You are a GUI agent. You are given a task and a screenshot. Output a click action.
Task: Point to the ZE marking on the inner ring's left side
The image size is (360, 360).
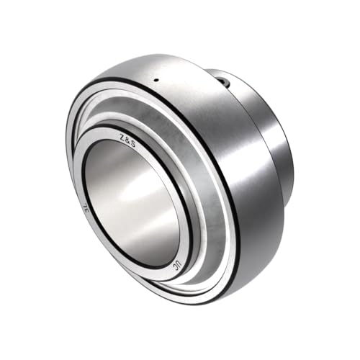tap(84, 210)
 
